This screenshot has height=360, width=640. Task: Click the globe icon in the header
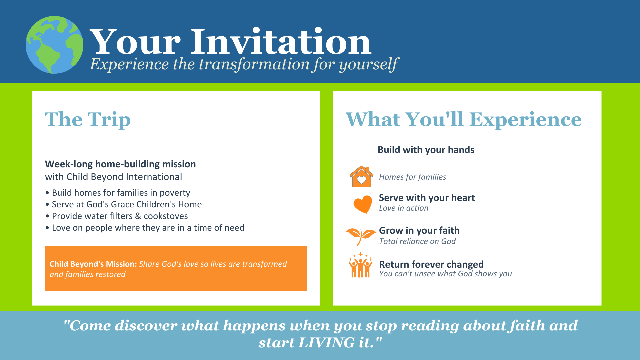[54, 45]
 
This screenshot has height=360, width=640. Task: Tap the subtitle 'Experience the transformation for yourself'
[244, 64]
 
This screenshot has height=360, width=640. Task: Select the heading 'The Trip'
[88, 119]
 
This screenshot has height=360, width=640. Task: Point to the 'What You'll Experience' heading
[464, 119]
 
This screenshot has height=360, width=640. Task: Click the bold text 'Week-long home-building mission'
[120, 164]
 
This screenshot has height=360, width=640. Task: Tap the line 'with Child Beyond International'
[114, 177]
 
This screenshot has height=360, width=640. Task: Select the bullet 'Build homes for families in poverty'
[118, 193]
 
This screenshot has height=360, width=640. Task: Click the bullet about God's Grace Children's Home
[123, 204]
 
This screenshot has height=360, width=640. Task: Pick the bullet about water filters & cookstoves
[117, 216]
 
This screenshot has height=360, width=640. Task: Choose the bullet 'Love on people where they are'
[145, 228]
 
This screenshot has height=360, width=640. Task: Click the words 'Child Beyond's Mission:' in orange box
[93, 264]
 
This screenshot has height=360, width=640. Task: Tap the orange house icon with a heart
[361, 176]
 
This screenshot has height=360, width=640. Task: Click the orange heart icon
[362, 204]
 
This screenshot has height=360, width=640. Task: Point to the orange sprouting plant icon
[361, 236]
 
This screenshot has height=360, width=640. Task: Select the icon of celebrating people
[360, 265]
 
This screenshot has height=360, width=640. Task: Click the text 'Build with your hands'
[426, 150]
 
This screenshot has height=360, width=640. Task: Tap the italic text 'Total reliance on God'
[417, 241]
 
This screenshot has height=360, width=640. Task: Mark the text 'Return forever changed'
[431, 264]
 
